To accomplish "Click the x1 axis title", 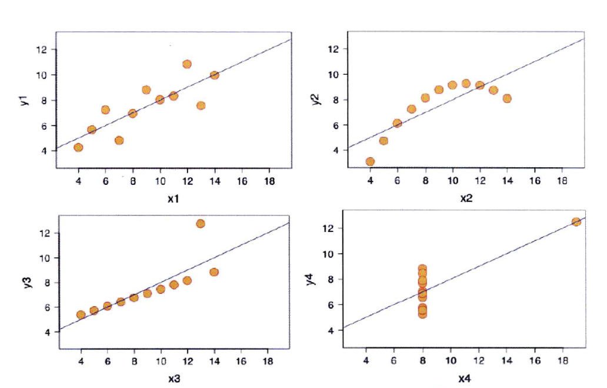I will pyautogui.click(x=172, y=198).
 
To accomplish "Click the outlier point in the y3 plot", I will pyautogui.click(x=201, y=224).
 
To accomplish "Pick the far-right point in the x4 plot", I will pyautogui.click(x=576, y=222).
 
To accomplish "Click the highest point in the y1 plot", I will pyautogui.click(x=187, y=64).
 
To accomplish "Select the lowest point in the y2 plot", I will pyautogui.click(x=370, y=161).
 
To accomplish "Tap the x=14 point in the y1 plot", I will pyautogui.click(x=214, y=75).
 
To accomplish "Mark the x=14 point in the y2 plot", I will pyautogui.click(x=507, y=98).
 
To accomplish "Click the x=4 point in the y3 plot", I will pyautogui.click(x=81, y=315).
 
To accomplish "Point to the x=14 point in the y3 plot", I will pyautogui.click(x=214, y=272).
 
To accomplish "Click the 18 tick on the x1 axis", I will pyautogui.click(x=269, y=181).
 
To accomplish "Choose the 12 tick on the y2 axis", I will pyautogui.click(x=334, y=49).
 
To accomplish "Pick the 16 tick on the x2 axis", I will pyautogui.click(x=535, y=181).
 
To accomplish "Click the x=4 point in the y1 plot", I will pyautogui.click(x=78, y=147).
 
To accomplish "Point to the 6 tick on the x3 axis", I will pyautogui.click(x=108, y=360).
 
